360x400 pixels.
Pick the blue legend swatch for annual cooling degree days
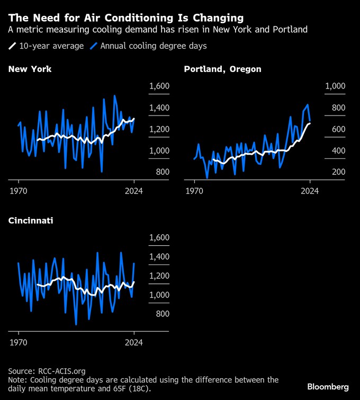pyautogui.click(x=95, y=46)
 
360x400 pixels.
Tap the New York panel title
pyautogui.click(x=30, y=69)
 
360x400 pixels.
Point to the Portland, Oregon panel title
pyautogui.click(x=222, y=69)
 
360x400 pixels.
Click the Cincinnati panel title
pyautogui.click(x=30, y=220)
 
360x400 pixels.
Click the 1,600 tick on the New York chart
pyautogui.click(x=159, y=86)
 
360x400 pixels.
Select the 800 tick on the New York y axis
pyautogui.click(x=162, y=172)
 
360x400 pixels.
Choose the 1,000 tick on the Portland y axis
pyautogui.click(x=335, y=86)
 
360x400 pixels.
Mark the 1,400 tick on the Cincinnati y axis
pyautogui.click(x=159, y=257)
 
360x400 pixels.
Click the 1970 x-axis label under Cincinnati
pyautogui.click(x=19, y=342)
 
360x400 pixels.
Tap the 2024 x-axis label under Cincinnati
pyautogui.click(x=134, y=342)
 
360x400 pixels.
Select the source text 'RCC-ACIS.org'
pyautogui.click(x=61, y=371)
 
